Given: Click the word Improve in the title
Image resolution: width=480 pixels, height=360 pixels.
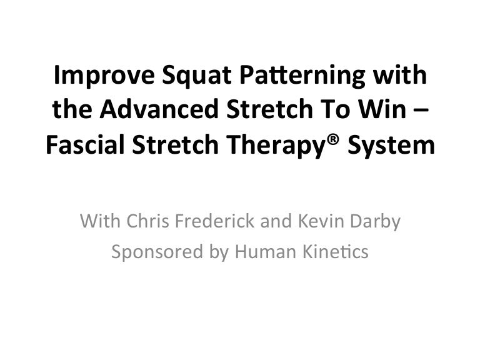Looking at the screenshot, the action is [x=104, y=76].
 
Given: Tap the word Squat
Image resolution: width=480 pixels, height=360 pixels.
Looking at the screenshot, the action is [x=196, y=76].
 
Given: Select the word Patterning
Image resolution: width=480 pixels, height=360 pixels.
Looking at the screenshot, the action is [x=302, y=76].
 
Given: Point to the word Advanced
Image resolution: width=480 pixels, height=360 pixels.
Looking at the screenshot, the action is [x=159, y=109].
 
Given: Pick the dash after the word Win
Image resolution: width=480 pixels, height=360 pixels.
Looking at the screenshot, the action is [x=421, y=111].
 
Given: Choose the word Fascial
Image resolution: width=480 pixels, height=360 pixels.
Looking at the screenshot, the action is [x=85, y=144].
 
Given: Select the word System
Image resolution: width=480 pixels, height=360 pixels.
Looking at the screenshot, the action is [x=391, y=145].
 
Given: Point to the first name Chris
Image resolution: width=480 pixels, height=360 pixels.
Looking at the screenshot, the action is [x=148, y=221].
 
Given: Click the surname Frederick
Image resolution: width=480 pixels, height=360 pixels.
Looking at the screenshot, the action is [x=214, y=221].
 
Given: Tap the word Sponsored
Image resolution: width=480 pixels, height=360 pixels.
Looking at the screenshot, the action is [x=157, y=252].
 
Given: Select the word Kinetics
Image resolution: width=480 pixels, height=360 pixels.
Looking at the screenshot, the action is [x=336, y=252].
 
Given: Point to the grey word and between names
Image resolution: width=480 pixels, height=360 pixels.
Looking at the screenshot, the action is [x=276, y=221].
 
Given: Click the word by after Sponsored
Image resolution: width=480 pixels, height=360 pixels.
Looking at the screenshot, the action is [x=219, y=253].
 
